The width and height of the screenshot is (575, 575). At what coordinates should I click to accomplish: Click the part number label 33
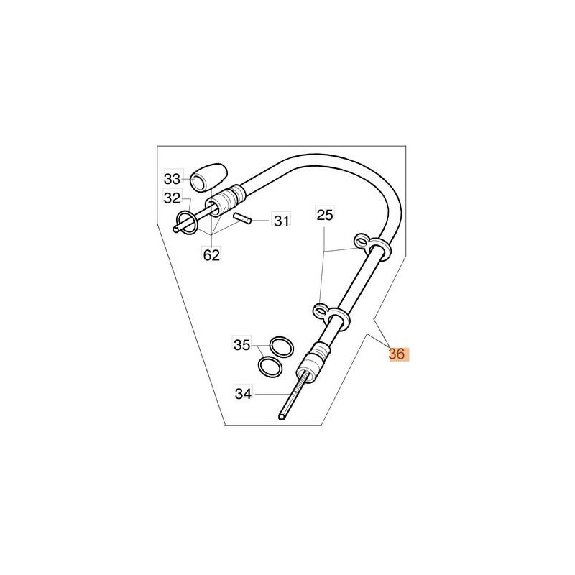click(172, 179)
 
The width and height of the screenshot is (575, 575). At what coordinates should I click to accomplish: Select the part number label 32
click(172, 198)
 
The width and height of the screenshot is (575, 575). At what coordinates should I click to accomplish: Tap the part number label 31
click(282, 221)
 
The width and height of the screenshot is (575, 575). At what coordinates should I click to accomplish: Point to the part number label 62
click(211, 255)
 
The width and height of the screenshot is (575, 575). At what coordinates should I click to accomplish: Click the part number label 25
click(325, 215)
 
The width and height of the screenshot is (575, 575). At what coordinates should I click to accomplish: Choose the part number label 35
click(242, 345)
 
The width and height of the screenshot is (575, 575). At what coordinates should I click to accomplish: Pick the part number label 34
click(244, 394)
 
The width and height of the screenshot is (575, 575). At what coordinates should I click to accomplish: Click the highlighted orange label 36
click(397, 354)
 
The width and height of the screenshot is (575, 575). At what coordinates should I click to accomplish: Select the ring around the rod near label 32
click(188, 223)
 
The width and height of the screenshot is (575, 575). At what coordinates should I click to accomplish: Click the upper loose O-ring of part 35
click(282, 346)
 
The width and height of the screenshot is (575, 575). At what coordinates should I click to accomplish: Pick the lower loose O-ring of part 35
click(270, 366)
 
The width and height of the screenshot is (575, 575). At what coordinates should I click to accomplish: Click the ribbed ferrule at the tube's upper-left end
click(225, 203)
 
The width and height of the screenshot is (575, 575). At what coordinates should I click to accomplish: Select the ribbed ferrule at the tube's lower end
click(314, 362)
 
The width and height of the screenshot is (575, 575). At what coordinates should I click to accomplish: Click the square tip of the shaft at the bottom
click(282, 417)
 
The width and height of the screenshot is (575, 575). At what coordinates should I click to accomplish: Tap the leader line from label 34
click(272, 394)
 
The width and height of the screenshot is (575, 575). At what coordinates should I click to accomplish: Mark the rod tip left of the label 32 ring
click(176, 229)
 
